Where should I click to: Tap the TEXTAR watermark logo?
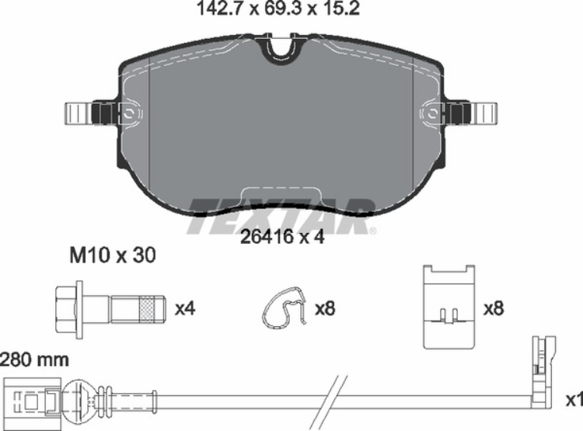[x=281, y=215]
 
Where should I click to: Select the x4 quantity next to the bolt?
[x=184, y=308]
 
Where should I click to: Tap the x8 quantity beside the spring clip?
[x=324, y=308]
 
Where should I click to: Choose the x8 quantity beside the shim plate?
[x=494, y=308]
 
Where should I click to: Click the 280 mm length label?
[x=34, y=360]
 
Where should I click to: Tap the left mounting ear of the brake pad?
[x=86, y=113]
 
